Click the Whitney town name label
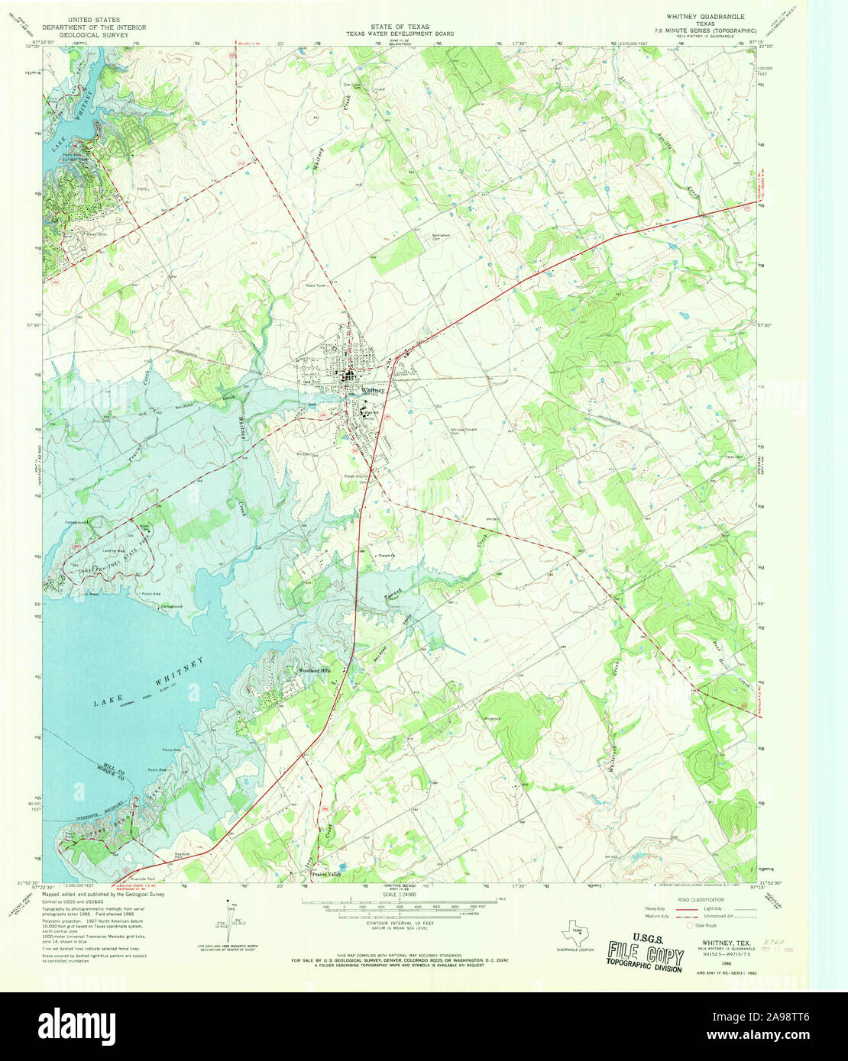[373, 390]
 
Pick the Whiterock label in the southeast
[490, 718]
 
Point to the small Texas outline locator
[575, 932]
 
